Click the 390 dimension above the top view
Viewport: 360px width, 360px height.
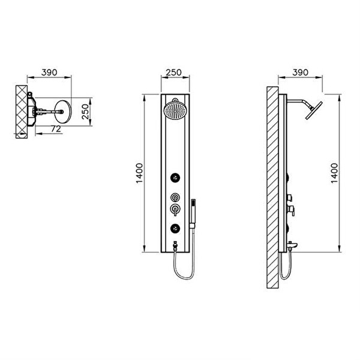(x=49, y=73)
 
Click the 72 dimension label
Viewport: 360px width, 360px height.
(x=56, y=129)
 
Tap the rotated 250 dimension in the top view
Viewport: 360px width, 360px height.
(x=85, y=112)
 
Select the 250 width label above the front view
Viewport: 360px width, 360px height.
(x=174, y=73)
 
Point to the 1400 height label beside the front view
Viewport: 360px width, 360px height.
(x=139, y=173)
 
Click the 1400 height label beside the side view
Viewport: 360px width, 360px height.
(x=335, y=173)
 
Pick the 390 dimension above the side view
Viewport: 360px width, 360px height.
(x=301, y=73)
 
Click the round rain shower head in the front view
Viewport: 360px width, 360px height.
(x=175, y=110)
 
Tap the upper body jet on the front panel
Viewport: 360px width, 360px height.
(x=175, y=178)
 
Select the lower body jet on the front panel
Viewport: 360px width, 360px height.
(x=175, y=228)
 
